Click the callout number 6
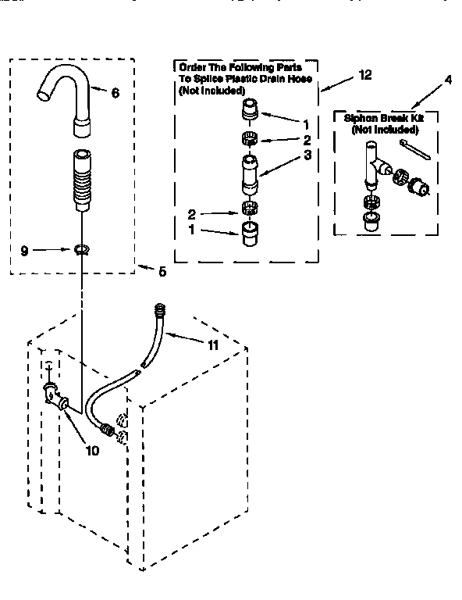pos(115,93)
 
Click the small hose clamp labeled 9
pos(82,250)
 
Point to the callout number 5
pos(162,272)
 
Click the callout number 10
pos(92,450)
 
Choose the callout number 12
pos(364,75)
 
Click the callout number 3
pos(286,155)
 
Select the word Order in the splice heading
pos(194,67)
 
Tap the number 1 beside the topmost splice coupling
pos(285,124)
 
